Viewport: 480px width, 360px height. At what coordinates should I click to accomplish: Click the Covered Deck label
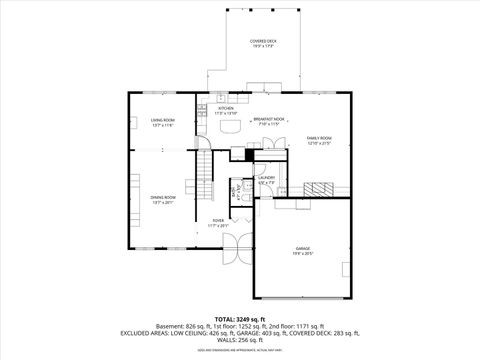(x=264, y=41)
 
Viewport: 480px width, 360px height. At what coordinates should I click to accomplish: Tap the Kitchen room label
(x=226, y=108)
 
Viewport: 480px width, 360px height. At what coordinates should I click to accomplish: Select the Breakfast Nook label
(x=270, y=119)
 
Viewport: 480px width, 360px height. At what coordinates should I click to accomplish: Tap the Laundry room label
(x=266, y=178)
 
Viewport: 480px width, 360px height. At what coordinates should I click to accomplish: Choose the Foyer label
(x=218, y=221)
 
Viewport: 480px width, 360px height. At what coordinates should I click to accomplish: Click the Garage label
(x=302, y=248)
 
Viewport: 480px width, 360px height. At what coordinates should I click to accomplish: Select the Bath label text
(x=236, y=188)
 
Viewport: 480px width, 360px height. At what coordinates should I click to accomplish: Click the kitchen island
(x=233, y=127)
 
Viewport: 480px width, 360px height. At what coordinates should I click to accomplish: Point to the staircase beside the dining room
(x=205, y=175)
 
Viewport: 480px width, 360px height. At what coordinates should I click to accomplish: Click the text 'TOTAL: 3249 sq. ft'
(x=239, y=317)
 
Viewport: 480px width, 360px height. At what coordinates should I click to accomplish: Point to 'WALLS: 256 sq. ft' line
(x=239, y=339)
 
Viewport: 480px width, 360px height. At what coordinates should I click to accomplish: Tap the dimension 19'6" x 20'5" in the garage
(x=302, y=253)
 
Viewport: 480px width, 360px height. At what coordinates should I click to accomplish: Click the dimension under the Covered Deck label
(x=264, y=46)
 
